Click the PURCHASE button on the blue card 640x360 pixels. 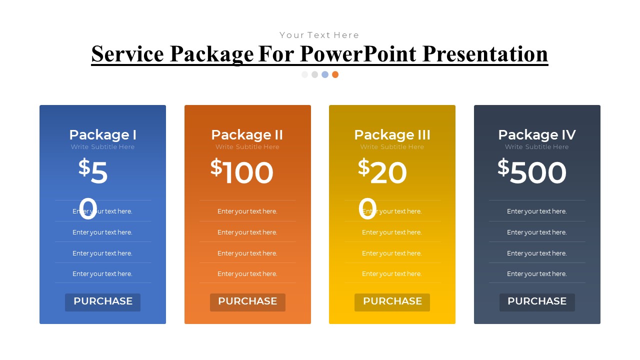coord(102,302)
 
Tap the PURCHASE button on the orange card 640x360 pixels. coord(247,302)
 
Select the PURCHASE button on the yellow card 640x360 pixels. coord(392,302)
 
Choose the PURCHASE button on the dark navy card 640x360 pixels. coord(537,302)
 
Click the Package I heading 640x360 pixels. coord(102,135)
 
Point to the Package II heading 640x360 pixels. coord(247,135)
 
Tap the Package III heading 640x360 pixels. coord(392,135)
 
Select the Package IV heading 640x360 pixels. coord(537,135)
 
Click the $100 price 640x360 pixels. coord(242,172)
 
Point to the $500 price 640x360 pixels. coord(532,172)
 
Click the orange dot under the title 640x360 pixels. coord(335,74)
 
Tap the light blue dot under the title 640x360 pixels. coord(325,74)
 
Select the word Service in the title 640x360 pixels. coord(127,54)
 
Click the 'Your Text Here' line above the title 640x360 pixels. coord(319,35)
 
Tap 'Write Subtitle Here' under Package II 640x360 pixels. coord(247,147)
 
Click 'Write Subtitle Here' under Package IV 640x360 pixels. coord(537,147)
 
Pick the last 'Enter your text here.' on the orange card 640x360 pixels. coord(247,274)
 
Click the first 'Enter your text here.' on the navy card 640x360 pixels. coord(537,211)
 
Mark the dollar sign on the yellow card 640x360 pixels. coord(363,167)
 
